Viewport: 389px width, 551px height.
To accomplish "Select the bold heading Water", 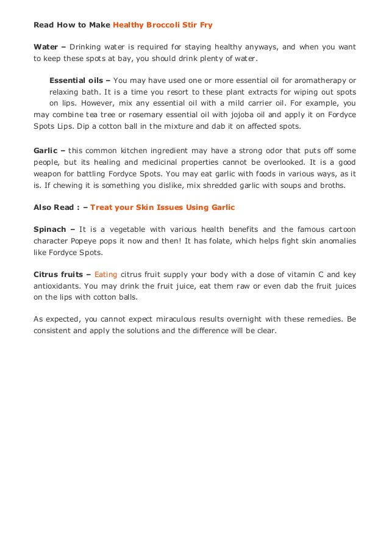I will (46, 48).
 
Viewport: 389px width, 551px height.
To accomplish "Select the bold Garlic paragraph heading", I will (45, 150).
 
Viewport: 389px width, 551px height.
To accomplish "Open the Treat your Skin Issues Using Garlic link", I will (162, 207).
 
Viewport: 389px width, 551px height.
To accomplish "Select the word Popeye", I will (96, 241).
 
